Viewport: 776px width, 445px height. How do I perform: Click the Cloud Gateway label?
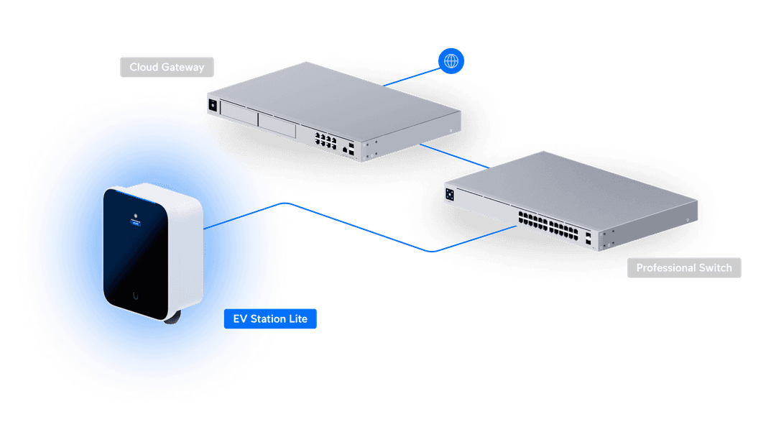(x=167, y=67)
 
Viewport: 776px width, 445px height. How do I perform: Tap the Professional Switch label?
(x=684, y=268)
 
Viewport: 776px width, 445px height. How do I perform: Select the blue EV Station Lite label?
(x=270, y=318)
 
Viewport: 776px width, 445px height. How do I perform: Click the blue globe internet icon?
(x=451, y=61)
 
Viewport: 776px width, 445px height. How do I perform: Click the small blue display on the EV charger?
(x=136, y=224)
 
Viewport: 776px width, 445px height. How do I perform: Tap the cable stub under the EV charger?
(x=173, y=318)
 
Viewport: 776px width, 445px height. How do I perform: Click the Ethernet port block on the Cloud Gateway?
(x=325, y=140)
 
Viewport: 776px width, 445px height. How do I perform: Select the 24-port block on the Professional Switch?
(x=548, y=225)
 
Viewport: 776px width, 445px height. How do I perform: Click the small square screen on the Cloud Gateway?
(x=213, y=105)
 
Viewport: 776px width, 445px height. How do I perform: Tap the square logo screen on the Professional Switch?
(x=449, y=194)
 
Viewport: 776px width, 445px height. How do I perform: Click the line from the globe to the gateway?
(x=411, y=77)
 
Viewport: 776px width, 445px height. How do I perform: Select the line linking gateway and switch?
(x=454, y=156)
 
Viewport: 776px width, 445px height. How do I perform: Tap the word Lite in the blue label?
(x=298, y=318)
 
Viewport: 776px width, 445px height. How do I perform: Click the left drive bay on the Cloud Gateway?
(x=239, y=112)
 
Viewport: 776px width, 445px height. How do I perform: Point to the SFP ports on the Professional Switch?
(x=588, y=239)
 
